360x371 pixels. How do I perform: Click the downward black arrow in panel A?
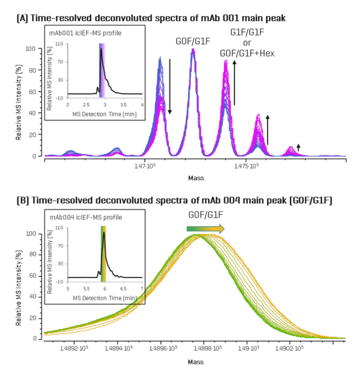click(x=169, y=87)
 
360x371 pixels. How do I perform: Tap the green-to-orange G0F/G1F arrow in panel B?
click(x=205, y=229)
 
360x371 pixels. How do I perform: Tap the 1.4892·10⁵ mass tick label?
click(x=79, y=349)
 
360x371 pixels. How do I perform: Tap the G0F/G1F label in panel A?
click(x=192, y=43)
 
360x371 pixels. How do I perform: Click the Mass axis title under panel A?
click(x=195, y=177)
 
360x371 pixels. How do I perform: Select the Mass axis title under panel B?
click(x=195, y=360)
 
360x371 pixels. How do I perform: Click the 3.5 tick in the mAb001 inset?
click(x=123, y=104)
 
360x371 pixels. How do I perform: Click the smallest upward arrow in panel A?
click(x=298, y=147)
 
